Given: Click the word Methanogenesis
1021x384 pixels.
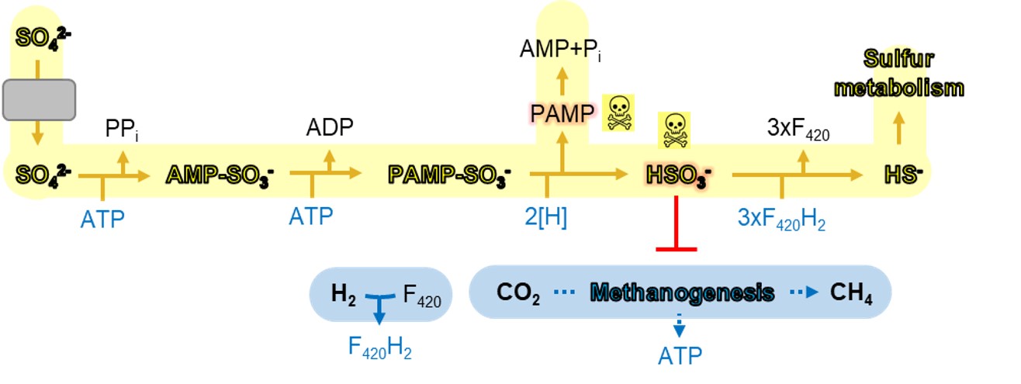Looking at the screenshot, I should click(682, 293).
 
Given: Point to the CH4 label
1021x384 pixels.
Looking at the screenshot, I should click(851, 293).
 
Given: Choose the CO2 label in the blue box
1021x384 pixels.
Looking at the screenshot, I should click(518, 293).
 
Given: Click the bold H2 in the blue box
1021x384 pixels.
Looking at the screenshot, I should click(342, 293).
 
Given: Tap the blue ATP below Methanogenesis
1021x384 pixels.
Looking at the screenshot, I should click(680, 356).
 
